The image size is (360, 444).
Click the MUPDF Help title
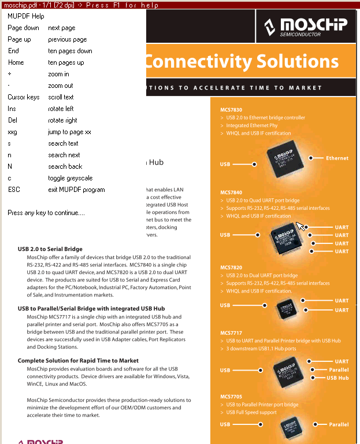coord(25,16)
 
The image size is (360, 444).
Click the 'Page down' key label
coord(23,28)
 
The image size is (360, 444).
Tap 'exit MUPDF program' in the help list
coord(76,190)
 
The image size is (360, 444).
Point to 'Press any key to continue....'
coord(46,213)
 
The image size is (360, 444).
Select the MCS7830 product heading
coord(231,110)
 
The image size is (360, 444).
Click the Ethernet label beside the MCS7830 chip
coord(337,158)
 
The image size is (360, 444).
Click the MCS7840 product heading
coord(231,193)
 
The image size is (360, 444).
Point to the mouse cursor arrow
coord(299,225)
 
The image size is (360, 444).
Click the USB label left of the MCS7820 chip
coord(225,305)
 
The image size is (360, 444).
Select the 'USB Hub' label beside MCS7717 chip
coord(337,378)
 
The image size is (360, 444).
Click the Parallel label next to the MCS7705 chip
coord(339,424)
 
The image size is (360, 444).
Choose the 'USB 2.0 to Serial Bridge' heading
coord(50,249)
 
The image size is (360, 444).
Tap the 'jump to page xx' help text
coord(69,132)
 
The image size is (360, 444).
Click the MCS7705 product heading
coord(231,397)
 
